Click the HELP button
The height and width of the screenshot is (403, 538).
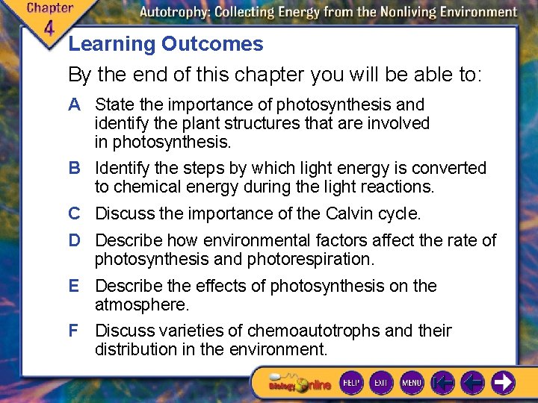(x=351, y=383)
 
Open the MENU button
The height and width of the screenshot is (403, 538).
(x=412, y=383)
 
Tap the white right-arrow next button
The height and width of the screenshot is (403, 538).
(x=503, y=383)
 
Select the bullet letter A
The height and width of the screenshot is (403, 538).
(x=74, y=104)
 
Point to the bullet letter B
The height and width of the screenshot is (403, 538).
(x=74, y=168)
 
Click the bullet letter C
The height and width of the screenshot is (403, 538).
(x=74, y=213)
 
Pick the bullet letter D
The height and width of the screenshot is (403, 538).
(x=74, y=240)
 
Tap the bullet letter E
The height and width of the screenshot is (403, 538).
(x=74, y=286)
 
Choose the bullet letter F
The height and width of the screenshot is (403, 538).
(x=74, y=331)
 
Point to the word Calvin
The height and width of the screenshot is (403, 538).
(x=353, y=213)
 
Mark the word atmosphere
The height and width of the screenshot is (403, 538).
(x=142, y=304)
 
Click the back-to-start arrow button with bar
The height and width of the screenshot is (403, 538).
(x=443, y=383)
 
